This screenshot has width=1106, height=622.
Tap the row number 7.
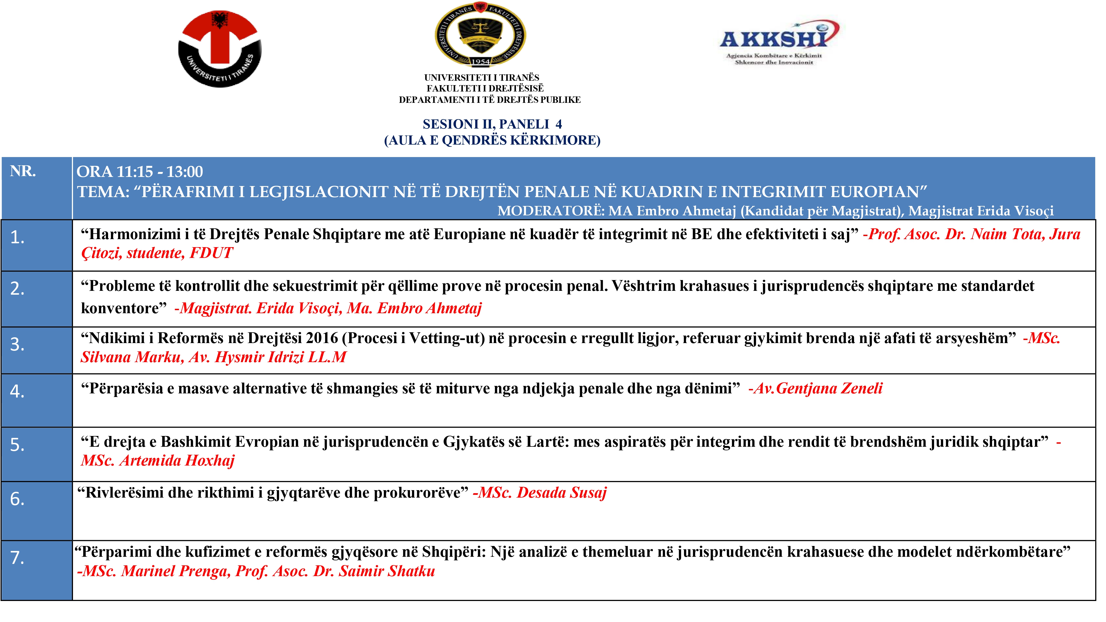pos(17,558)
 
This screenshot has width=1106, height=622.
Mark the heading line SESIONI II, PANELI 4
pos(492,124)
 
